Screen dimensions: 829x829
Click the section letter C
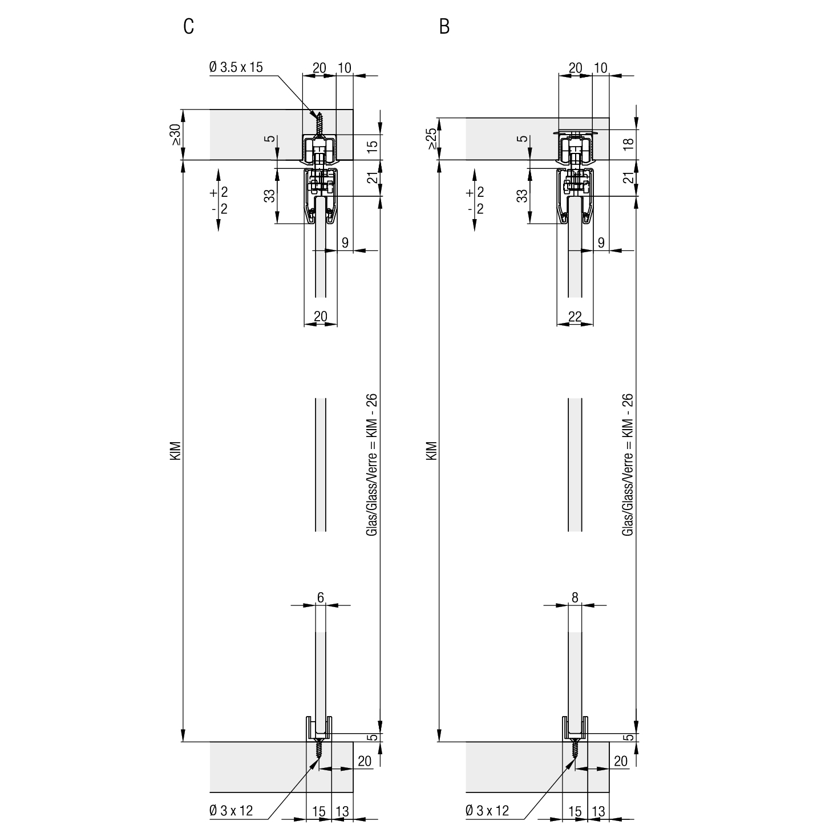[188, 27]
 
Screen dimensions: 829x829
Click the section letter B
[444, 27]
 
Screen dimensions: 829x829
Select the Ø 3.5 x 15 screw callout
[236, 67]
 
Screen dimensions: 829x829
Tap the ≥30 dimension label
[175, 135]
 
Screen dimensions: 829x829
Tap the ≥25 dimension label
[431, 139]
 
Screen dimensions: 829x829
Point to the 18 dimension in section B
[629, 144]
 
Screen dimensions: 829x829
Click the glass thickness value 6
[321, 597]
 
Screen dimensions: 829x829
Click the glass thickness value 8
[575, 597]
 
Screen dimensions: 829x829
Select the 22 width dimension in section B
[575, 317]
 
